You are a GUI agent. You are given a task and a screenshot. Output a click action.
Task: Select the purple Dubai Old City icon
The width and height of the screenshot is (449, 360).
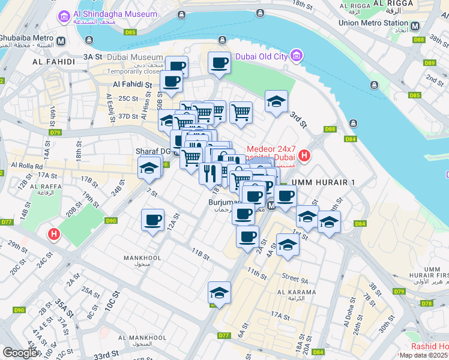click(295, 56)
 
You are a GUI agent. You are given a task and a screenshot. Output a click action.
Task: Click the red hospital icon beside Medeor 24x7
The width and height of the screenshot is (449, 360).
click(304, 156)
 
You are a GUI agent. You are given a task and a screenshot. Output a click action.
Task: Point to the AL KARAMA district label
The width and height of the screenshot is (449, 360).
click(297, 292)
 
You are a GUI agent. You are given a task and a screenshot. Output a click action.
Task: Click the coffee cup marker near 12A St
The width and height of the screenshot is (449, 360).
click(152, 220)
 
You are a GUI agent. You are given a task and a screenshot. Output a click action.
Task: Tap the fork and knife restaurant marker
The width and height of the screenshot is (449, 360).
click(209, 173)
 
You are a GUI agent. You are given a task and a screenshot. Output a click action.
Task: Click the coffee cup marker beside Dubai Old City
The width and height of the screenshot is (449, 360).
click(220, 62)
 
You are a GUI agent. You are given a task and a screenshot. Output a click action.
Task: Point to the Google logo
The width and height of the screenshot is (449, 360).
click(20, 353)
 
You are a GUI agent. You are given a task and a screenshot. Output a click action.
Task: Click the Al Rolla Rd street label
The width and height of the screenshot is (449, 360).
click(26, 165)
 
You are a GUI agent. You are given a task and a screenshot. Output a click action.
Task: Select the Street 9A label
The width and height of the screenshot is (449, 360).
click(295, 278)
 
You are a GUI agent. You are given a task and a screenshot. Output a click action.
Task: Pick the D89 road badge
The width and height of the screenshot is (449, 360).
click(429, 62)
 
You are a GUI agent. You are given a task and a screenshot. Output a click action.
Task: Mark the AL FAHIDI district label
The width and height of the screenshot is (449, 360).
click(54, 61)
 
